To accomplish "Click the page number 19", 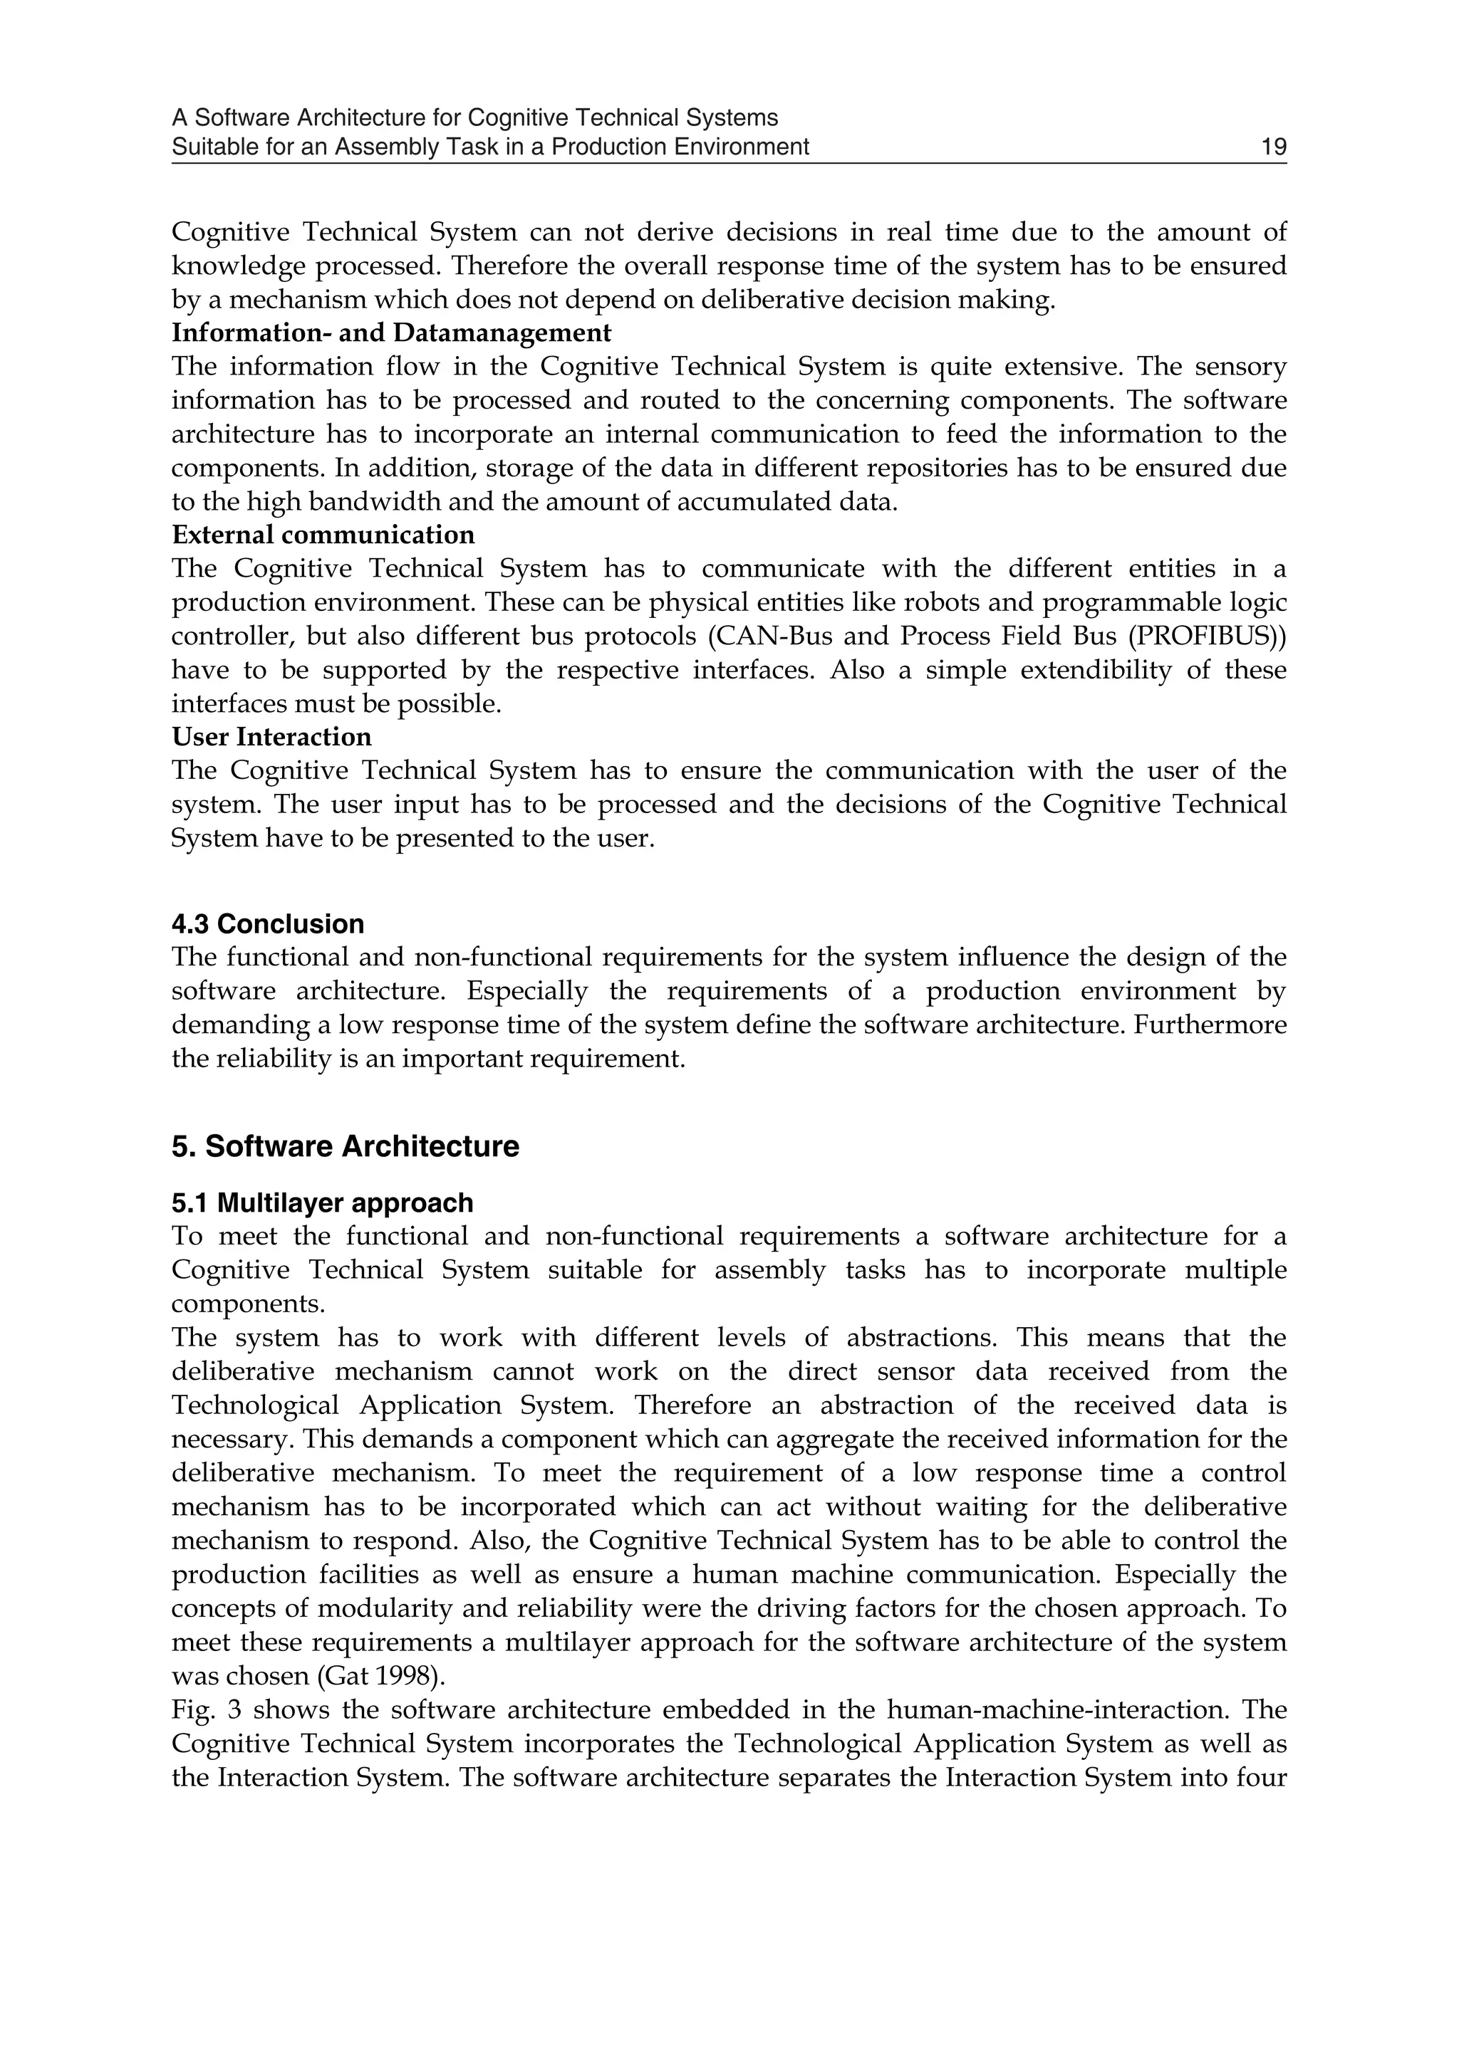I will (x=1273, y=147).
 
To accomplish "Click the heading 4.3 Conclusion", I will (x=268, y=924).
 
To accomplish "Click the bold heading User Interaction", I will (x=271, y=737).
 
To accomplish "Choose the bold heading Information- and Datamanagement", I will (x=391, y=333).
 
